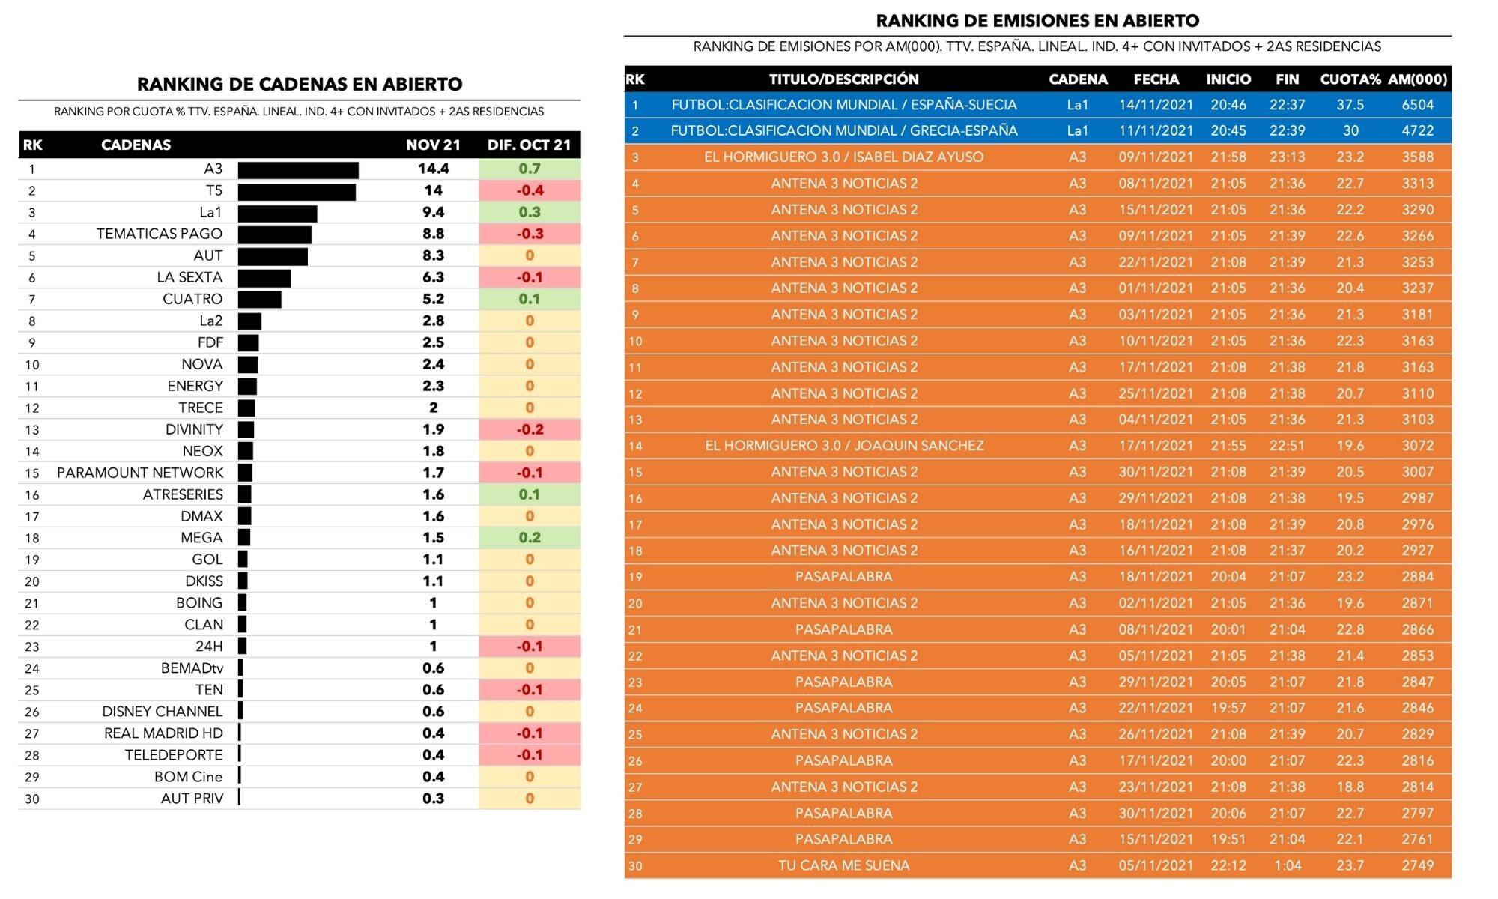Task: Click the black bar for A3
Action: (x=298, y=170)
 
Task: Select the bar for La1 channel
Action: (x=277, y=214)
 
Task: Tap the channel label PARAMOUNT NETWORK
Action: (x=140, y=473)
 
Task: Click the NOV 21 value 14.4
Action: (x=433, y=169)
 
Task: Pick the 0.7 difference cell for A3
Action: (x=530, y=169)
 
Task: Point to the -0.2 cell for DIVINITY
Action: (x=530, y=430)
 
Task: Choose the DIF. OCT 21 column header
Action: (x=529, y=145)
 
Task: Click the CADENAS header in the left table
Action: (x=136, y=145)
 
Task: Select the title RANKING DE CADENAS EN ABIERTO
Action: (x=300, y=85)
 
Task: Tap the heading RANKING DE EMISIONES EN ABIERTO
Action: (x=1037, y=21)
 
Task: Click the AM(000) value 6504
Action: (x=1417, y=106)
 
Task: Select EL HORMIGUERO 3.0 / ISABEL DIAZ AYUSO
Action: (x=843, y=157)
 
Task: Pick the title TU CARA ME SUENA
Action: (x=843, y=866)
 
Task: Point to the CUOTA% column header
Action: (x=1350, y=79)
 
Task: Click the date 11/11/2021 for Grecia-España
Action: (x=1156, y=131)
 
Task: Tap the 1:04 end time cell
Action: (x=1287, y=866)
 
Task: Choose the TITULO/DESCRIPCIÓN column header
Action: (x=843, y=79)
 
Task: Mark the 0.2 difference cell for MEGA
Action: (x=530, y=538)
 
